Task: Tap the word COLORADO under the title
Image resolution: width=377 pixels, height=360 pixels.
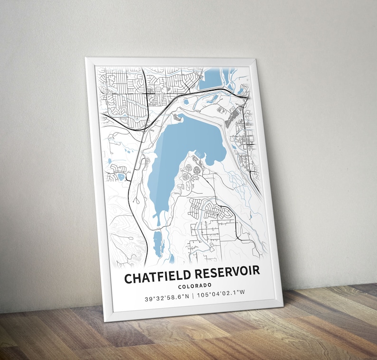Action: coord(195,286)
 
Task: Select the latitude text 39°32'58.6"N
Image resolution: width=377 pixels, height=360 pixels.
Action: coord(167,298)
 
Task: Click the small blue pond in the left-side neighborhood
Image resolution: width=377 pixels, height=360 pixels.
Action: coord(121,177)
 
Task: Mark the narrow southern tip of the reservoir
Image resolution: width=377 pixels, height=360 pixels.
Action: coord(155,219)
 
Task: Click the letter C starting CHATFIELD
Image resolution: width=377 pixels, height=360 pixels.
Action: coord(128,278)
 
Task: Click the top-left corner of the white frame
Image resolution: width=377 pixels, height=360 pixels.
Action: coord(86,58)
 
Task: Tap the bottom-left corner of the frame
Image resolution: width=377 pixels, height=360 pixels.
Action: coord(105,321)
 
